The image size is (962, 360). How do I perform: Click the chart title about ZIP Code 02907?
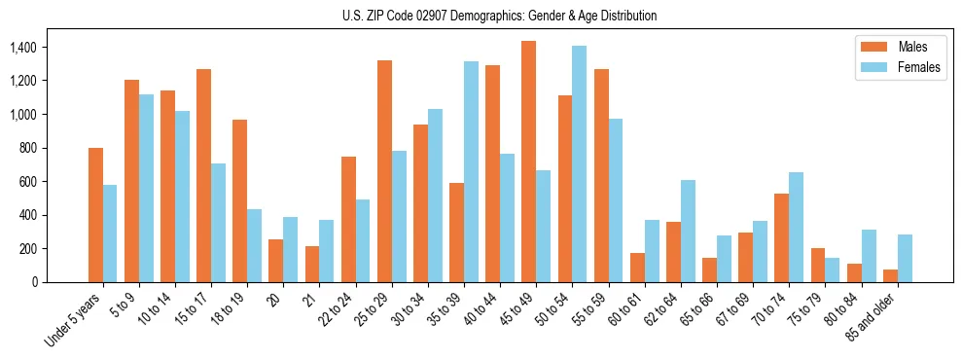coord(499,16)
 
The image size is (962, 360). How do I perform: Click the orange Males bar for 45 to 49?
coord(528,162)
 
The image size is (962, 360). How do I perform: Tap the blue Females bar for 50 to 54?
coord(579,163)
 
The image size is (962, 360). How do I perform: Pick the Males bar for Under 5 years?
coord(95,215)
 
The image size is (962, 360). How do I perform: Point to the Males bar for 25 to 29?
coord(384,171)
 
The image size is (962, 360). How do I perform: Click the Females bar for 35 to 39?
coord(471,172)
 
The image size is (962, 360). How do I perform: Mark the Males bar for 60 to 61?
coord(637,268)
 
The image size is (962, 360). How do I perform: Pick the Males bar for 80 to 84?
coord(853,272)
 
